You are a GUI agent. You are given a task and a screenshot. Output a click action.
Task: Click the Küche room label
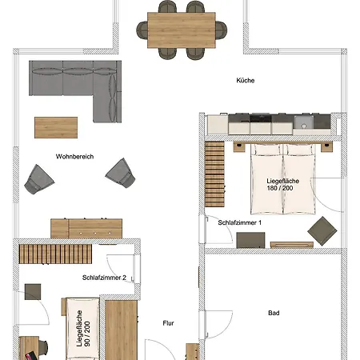pos(245,81)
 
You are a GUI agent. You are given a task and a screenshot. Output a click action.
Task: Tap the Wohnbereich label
pos(75,157)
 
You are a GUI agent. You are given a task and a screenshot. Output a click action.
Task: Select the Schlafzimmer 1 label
pos(240,222)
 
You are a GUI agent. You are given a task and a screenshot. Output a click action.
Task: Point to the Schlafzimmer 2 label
pos(104,278)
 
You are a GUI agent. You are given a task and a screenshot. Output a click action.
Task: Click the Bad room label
pos(274,313)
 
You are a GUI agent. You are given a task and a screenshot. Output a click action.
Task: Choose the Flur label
pos(168,324)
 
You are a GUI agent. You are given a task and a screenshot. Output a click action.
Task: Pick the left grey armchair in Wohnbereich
pos(36,178)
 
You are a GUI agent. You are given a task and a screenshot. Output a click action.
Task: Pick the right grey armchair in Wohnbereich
pos(120,171)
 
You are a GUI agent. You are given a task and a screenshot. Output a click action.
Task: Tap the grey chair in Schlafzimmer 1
pos(322,230)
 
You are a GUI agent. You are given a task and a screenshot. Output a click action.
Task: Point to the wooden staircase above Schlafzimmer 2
pos(56,253)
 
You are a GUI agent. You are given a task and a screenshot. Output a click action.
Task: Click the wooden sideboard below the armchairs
pos(86,227)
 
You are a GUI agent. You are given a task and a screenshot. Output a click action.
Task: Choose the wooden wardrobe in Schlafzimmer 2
pos(122,328)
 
